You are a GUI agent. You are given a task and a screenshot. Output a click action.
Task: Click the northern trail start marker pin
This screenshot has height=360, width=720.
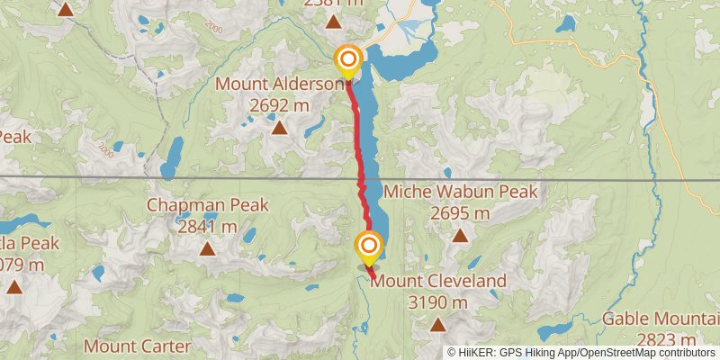coord(347,61)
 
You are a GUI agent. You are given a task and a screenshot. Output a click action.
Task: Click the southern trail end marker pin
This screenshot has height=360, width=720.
coord(368,247)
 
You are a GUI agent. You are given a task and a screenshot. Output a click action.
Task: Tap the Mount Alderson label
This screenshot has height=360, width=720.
coord(280,84)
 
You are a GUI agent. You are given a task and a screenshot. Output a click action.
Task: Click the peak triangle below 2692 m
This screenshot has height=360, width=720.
coord(280,128)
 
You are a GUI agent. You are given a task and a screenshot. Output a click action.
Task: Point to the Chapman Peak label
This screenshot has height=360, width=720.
coord(209,205)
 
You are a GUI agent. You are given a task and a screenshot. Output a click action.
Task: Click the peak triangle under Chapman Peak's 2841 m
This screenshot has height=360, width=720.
coord(209,249)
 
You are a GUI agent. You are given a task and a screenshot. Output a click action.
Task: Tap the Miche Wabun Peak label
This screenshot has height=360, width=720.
coord(460,192)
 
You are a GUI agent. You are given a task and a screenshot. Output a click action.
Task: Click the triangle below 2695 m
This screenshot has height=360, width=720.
coord(460,236)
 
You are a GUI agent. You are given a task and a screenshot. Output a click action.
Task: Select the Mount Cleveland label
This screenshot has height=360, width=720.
coord(438,282)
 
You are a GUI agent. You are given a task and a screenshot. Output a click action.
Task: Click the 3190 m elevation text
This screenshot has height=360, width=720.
coord(438,303)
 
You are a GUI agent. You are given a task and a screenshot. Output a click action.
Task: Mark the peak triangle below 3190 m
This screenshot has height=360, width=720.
coord(438,325)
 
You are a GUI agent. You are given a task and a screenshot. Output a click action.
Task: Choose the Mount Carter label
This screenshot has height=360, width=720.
coord(137,346)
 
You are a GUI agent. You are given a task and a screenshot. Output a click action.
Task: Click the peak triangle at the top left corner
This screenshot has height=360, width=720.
coord(66,10)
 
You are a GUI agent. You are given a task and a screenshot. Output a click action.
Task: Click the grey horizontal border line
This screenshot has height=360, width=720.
coord(180,177)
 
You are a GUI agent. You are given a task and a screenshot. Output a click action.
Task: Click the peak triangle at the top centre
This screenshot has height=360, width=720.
coord(334,22)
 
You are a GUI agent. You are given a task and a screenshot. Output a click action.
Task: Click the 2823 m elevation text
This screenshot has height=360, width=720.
coord(666,339)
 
